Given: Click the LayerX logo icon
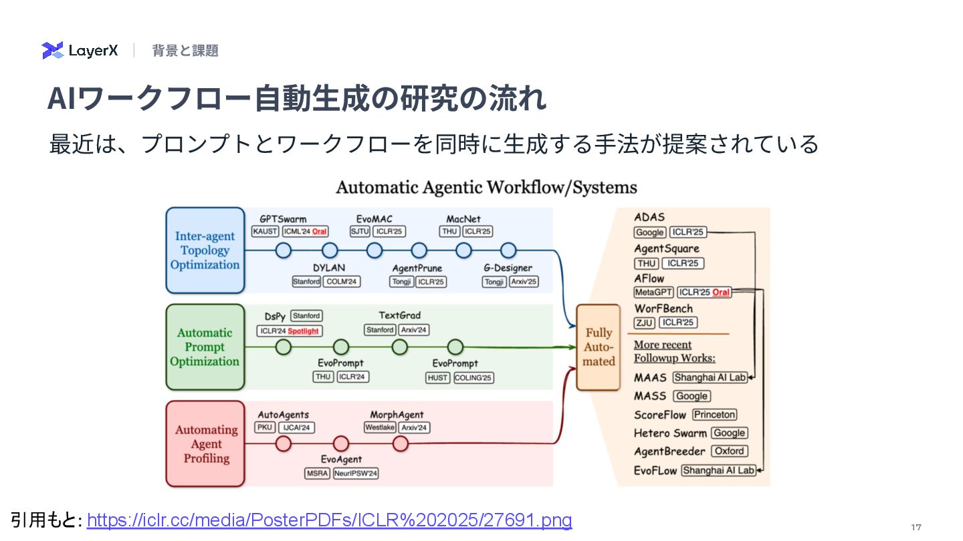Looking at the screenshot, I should coord(52,51).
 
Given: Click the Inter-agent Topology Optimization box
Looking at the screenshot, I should coord(205,250).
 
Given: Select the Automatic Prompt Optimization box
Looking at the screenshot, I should coord(205,347).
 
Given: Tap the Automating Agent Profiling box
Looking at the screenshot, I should coord(205,443).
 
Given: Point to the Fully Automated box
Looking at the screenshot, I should coord(599,347).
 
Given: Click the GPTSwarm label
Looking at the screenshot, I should coord(283,219).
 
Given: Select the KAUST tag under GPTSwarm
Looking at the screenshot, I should coord(265,232).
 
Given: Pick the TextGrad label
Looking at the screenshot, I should coord(399,315).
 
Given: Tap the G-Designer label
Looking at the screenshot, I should coord(508,268).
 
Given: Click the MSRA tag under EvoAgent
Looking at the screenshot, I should coord(317,474).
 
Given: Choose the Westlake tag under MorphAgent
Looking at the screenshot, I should coord(380,427).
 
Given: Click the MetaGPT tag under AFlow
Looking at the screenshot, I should coord(653,293).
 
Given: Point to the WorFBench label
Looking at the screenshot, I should coord(663,309).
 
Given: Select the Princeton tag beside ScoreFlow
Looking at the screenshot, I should coord(714,415).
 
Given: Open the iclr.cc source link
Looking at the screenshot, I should coord(329,520).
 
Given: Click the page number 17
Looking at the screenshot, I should coord(916,528).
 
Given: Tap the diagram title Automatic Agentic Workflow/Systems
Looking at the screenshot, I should coord(486,187).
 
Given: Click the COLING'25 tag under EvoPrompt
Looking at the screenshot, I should coord(473,378).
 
